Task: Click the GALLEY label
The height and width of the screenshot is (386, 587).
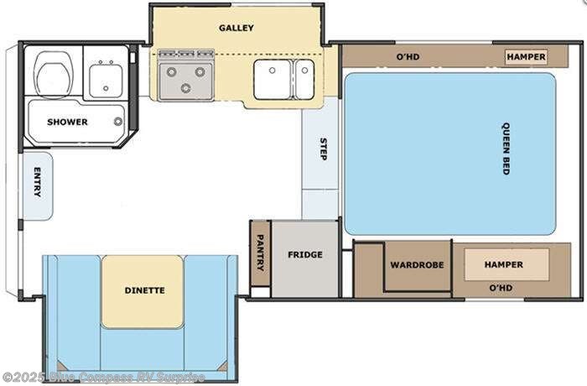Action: tap(236, 28)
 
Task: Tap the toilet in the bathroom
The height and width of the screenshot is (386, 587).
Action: tap(54, 75)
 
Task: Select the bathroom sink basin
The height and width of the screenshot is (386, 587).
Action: tap(106, 81)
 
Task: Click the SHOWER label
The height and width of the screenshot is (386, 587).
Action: tap(67, 122)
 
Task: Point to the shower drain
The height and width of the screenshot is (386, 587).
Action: tap(118, 121)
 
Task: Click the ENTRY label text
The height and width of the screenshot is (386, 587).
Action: tap(38, 182)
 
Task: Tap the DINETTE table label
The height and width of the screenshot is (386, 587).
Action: tap(144, 290)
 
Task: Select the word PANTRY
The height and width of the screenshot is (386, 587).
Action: tap(260, 253)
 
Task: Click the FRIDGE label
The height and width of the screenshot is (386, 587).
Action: tap(305, 255)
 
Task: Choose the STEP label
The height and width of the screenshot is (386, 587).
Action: tap(324, 149)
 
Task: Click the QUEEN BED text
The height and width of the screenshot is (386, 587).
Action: tap(506, 149)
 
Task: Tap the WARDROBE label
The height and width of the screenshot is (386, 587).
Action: tap(417, 265)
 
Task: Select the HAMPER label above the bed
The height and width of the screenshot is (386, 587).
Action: tap(526, 57)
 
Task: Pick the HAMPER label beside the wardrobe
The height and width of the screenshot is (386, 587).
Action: tap(504, 264)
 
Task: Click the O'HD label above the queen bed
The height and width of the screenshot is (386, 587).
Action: tap(408, 57)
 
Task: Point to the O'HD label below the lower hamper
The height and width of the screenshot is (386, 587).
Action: tap(501, 288)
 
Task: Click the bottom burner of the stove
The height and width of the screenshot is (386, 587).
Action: tap(185, 88)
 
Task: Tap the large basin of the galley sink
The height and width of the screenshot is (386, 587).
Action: tap(273, 80)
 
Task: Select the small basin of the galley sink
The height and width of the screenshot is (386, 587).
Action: tap(304, 80)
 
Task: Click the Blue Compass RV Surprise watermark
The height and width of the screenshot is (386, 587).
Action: tap(103, 377)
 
